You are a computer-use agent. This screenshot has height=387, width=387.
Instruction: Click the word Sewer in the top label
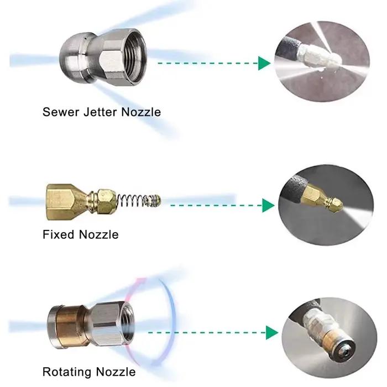tap(61, 112)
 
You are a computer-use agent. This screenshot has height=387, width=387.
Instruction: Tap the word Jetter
tap(100, 112)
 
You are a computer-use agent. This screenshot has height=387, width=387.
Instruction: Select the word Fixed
tap(58, 234)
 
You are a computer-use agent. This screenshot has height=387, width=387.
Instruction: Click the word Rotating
tap(67, 372)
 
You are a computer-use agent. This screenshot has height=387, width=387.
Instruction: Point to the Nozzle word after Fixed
tap(99, 234)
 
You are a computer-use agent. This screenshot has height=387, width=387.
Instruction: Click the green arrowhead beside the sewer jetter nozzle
tap(264, 63)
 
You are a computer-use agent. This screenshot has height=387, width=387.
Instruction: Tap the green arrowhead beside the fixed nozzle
tap(268, 205)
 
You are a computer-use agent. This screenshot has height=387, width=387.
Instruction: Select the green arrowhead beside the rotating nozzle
tap(272, 332)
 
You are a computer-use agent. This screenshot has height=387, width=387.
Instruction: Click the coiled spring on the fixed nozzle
tap(131, 200)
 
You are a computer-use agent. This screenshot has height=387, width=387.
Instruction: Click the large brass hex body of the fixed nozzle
tap(65, 202)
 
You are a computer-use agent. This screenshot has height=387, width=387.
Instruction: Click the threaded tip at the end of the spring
tap(154, 200)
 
